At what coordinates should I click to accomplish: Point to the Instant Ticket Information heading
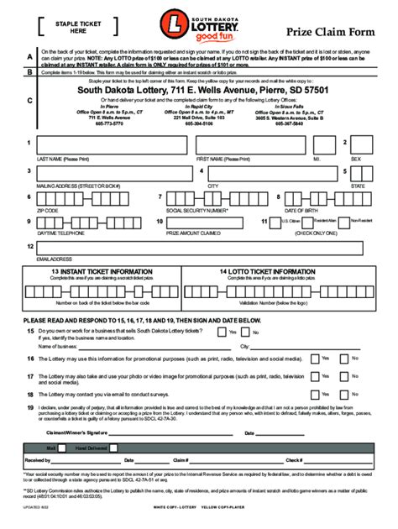104,272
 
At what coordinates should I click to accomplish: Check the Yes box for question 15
221,332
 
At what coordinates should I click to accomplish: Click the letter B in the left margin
30,73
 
